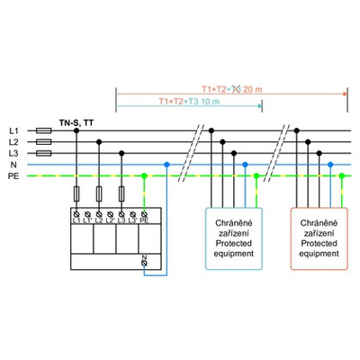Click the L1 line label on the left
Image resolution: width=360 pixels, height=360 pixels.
13,131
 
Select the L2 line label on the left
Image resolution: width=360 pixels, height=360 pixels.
13,142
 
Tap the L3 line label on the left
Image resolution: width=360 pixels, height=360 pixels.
13,154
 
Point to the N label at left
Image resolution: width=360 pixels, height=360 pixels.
13,166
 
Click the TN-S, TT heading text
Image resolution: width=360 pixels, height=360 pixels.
76,120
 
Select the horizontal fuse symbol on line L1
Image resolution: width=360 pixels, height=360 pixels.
41,131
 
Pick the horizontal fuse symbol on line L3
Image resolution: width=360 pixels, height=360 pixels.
41,154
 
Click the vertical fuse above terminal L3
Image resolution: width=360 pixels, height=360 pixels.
121,193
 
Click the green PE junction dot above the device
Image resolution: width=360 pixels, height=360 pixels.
145,177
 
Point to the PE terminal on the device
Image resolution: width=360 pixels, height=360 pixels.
145,214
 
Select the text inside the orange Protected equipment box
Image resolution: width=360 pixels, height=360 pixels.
319,237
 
